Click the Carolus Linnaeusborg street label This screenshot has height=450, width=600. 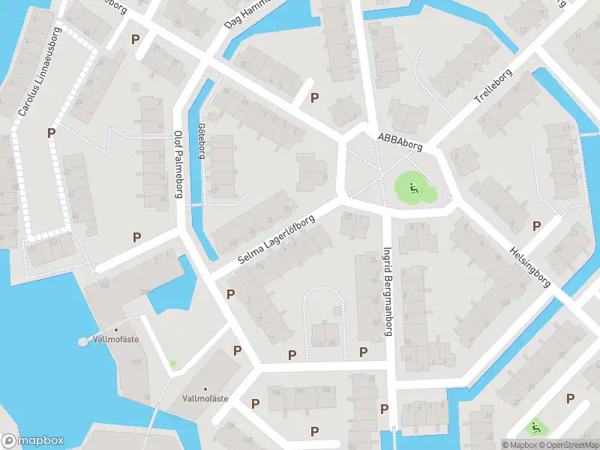pyautogui.click(x=39, y=73)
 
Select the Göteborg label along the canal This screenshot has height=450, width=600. pyautogui.click(x=201, y=141)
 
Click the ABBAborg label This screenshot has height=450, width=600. pyautogui.click(x=400, y=141)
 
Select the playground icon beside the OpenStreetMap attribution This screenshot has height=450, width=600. pyautogui.click(x=535, y=428)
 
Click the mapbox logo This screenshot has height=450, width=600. pyautogui.click(x=32, y=441)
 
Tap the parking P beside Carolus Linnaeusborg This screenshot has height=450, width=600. pyautogui.click(x=51, y=133)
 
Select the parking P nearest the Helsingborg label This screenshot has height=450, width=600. pyautogui.click(x=536, y=226)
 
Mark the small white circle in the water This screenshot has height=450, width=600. pyautogui.click(x=82, y=342)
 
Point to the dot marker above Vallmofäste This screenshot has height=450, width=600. pyautogui.click(x=116, y=329)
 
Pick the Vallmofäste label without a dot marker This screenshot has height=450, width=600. pyautogui.click(x=205, y=398)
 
